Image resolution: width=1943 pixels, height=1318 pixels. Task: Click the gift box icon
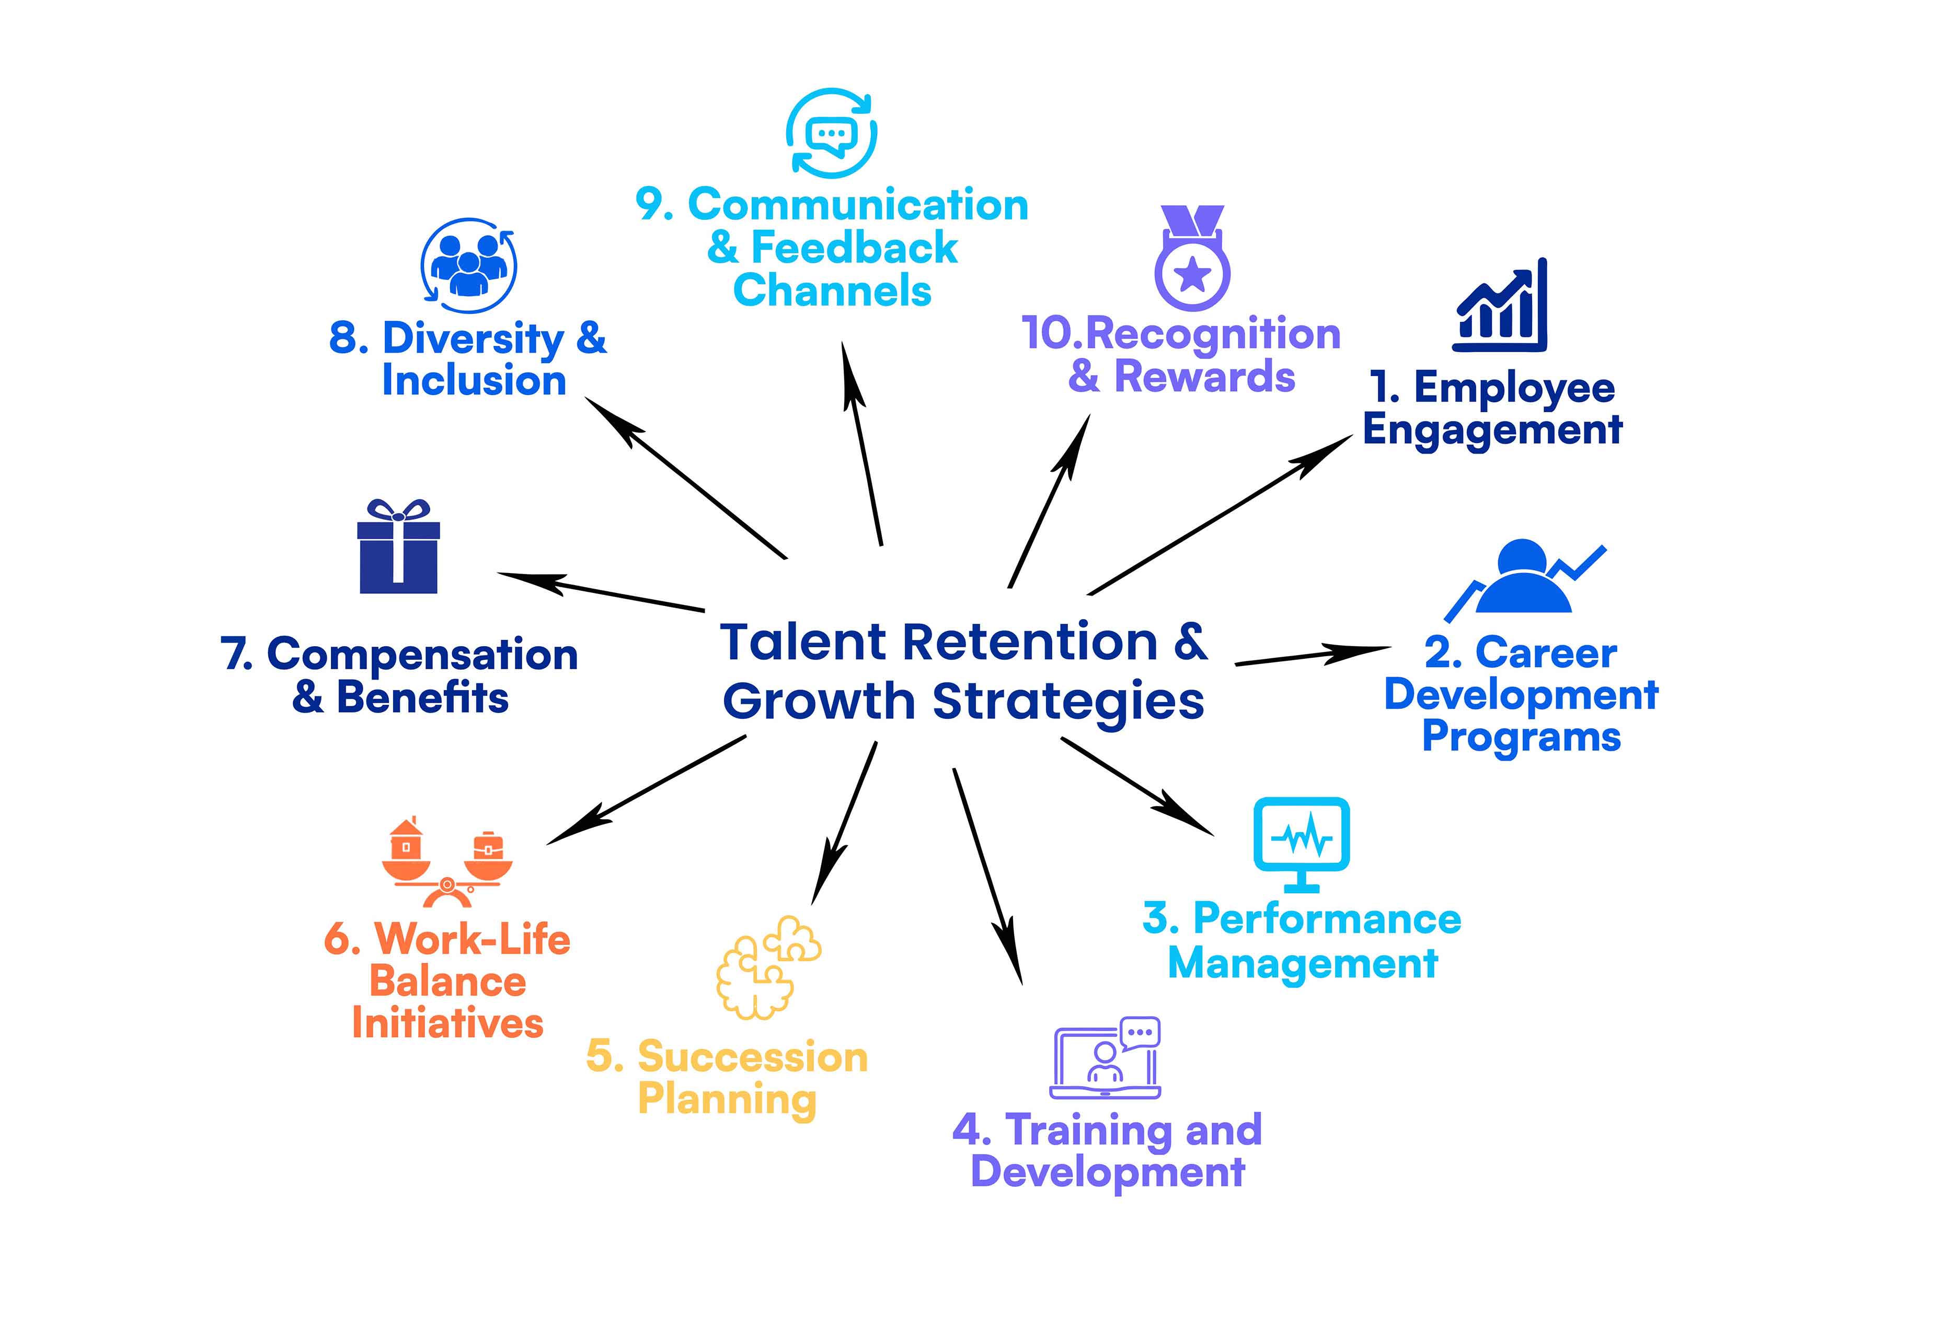click(x=399, y=547)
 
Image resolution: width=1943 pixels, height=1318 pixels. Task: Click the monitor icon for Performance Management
click(x=1302, y=845)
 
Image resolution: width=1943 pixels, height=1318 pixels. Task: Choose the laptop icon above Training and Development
click(x=1105, y=1058)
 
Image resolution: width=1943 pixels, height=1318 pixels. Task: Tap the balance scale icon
click(x=447, y=864)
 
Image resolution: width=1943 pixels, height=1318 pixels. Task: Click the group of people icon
click(x=468, y=266)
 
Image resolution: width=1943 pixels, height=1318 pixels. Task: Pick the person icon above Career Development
click(x=1524, y=577)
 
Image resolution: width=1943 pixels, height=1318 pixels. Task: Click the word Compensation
click(x=422, y=655)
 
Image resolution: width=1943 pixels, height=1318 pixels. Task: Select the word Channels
click(x=832, y=291)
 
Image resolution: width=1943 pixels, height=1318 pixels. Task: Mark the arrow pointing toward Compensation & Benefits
click(x=600, y=592)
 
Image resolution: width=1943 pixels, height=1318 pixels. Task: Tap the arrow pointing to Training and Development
click(x=987, y=876)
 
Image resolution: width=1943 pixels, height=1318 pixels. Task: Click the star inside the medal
click(x=1193, y=273)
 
